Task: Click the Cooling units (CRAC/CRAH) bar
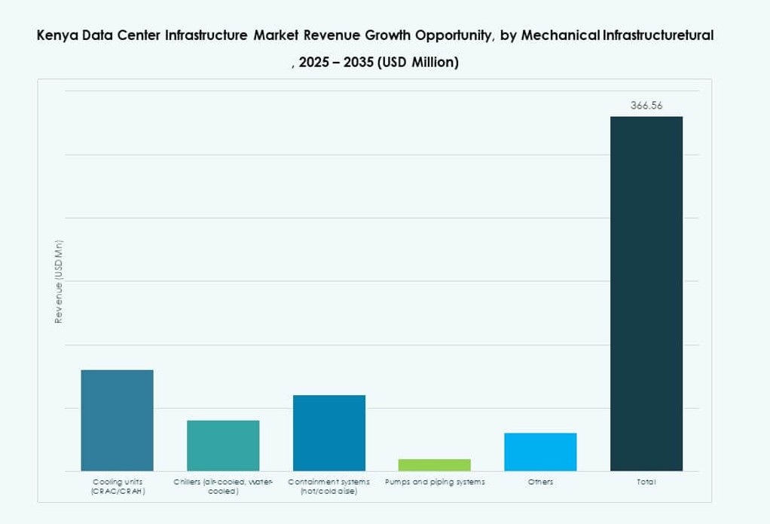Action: point(117,420)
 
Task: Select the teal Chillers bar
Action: point(223,446)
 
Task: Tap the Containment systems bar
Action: point(328,433)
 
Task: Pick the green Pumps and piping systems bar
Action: point(435,464)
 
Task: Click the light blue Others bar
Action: point(540,452)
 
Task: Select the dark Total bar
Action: point(646,293)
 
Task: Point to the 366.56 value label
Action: point(646,106)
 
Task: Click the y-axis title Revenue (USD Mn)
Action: point(58,282)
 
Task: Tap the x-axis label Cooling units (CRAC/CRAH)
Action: point(118,486)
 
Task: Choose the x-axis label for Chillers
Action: point(223,486)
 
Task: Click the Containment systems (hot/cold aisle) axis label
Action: point(328,486)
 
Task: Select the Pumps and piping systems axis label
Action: point(435,481)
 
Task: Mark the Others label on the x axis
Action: point(540,481)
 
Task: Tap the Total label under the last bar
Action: point(646,481)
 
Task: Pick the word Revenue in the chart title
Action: point(323,35)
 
